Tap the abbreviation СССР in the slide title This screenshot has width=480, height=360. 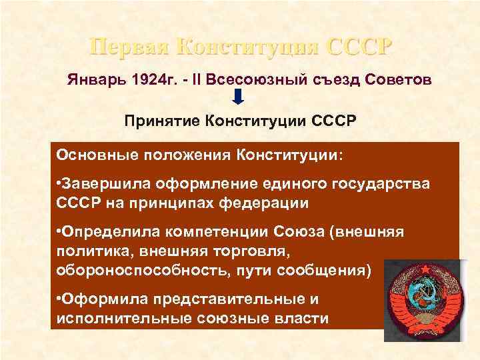click(357, 47)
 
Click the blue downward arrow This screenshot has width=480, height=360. click(240, 101)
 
